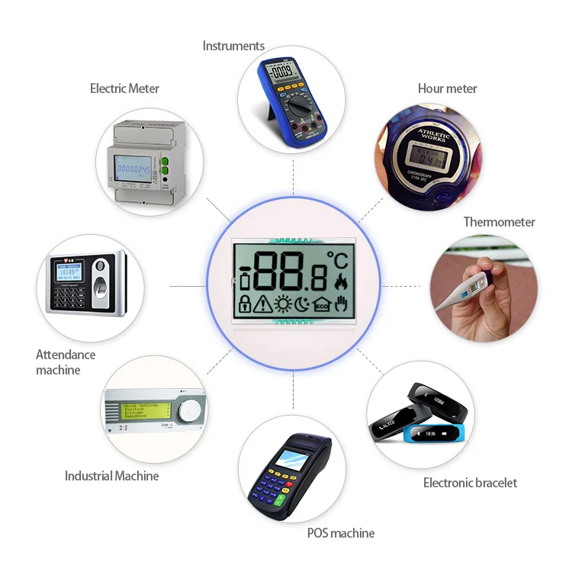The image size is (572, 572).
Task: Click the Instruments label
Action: (x=233, y=46)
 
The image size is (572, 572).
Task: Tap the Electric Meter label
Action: (x=124, y=88)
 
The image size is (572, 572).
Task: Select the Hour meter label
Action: (x=447, y=88)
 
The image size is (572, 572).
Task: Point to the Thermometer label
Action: (x=499, y=222)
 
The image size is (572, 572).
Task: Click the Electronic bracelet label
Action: (x=470, y=483)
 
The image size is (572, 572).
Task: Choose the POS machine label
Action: (x=340, y=533)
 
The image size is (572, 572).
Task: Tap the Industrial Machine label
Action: (x=111, y=476)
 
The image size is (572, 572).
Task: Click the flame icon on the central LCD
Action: (x=339, y=283)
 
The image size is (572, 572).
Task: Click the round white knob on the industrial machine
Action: (x=189, y=413)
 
